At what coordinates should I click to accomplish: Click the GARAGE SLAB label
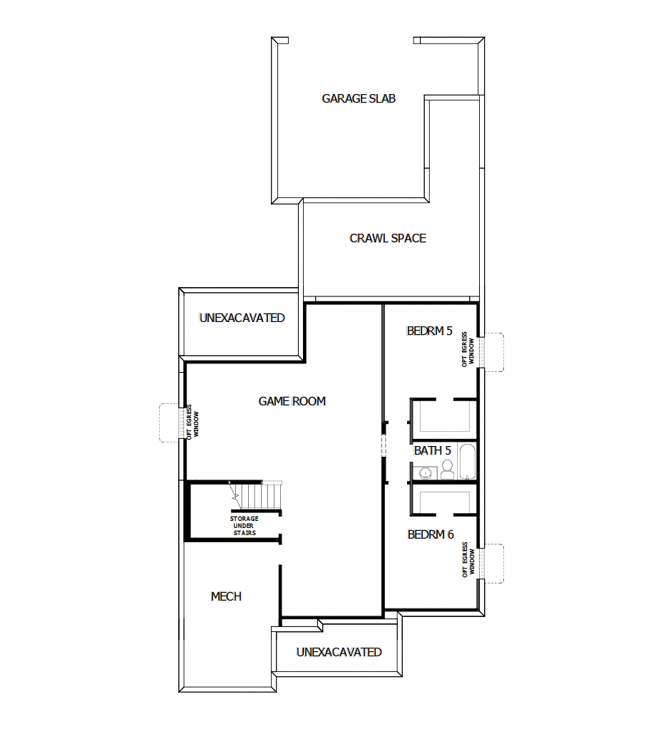(359, 99)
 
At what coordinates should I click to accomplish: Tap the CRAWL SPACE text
(388, 238)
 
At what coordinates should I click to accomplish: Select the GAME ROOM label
(292, 402)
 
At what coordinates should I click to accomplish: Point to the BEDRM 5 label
(429, 331)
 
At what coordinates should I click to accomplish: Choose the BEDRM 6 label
(431, 534)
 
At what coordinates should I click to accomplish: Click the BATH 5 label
(433, 451)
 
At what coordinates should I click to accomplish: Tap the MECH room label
(226, 596)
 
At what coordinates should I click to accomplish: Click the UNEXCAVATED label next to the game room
(242, 318)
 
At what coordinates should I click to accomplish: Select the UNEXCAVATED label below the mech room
(339, 652)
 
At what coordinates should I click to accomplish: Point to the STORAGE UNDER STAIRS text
(244, 526)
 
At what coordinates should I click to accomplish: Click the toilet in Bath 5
(448, 468)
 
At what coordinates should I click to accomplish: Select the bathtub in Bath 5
(467, 462)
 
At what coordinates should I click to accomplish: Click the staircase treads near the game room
(264, 494)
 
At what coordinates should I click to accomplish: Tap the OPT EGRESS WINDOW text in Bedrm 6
(468, 560)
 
